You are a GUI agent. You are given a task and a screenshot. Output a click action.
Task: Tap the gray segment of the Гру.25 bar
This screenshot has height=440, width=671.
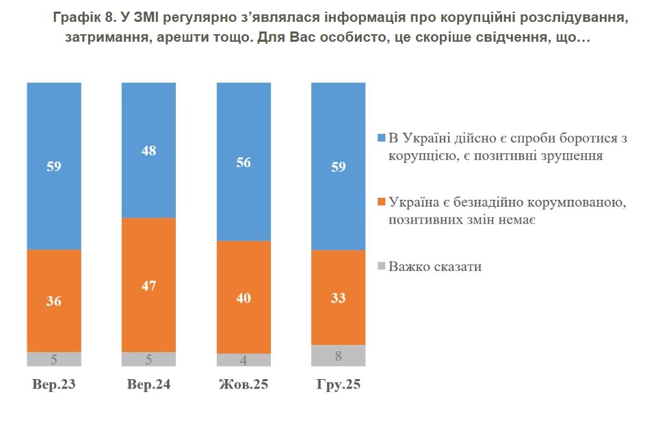click(x=338, y=355)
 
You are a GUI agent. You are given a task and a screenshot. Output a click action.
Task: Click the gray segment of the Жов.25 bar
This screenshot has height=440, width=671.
click(x=244, y=360)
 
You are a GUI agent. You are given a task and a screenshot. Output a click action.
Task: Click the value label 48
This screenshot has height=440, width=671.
click(x=148, y=151)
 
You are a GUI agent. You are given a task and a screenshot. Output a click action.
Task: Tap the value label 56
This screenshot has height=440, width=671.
click(x=244, y=162)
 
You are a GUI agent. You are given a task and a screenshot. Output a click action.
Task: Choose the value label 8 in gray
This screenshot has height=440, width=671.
click(x=338, y=355)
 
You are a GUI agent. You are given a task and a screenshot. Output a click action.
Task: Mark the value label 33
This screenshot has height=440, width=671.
click(x=338, y=298)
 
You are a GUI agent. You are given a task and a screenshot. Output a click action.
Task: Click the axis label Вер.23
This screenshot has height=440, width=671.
click(x=54, y=385)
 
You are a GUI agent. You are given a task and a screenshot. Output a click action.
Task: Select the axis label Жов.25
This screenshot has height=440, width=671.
click(x=244, y=385)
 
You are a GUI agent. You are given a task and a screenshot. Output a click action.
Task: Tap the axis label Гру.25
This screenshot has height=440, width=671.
click(x=338, y=385)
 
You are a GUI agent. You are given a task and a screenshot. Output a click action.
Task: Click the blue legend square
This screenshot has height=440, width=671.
click(x=382, y=138)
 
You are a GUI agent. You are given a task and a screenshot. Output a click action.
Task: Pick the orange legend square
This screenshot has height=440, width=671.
click(x=382, y=203)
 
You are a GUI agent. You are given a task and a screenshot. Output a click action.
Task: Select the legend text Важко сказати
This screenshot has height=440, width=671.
click(x=435, y=266)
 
